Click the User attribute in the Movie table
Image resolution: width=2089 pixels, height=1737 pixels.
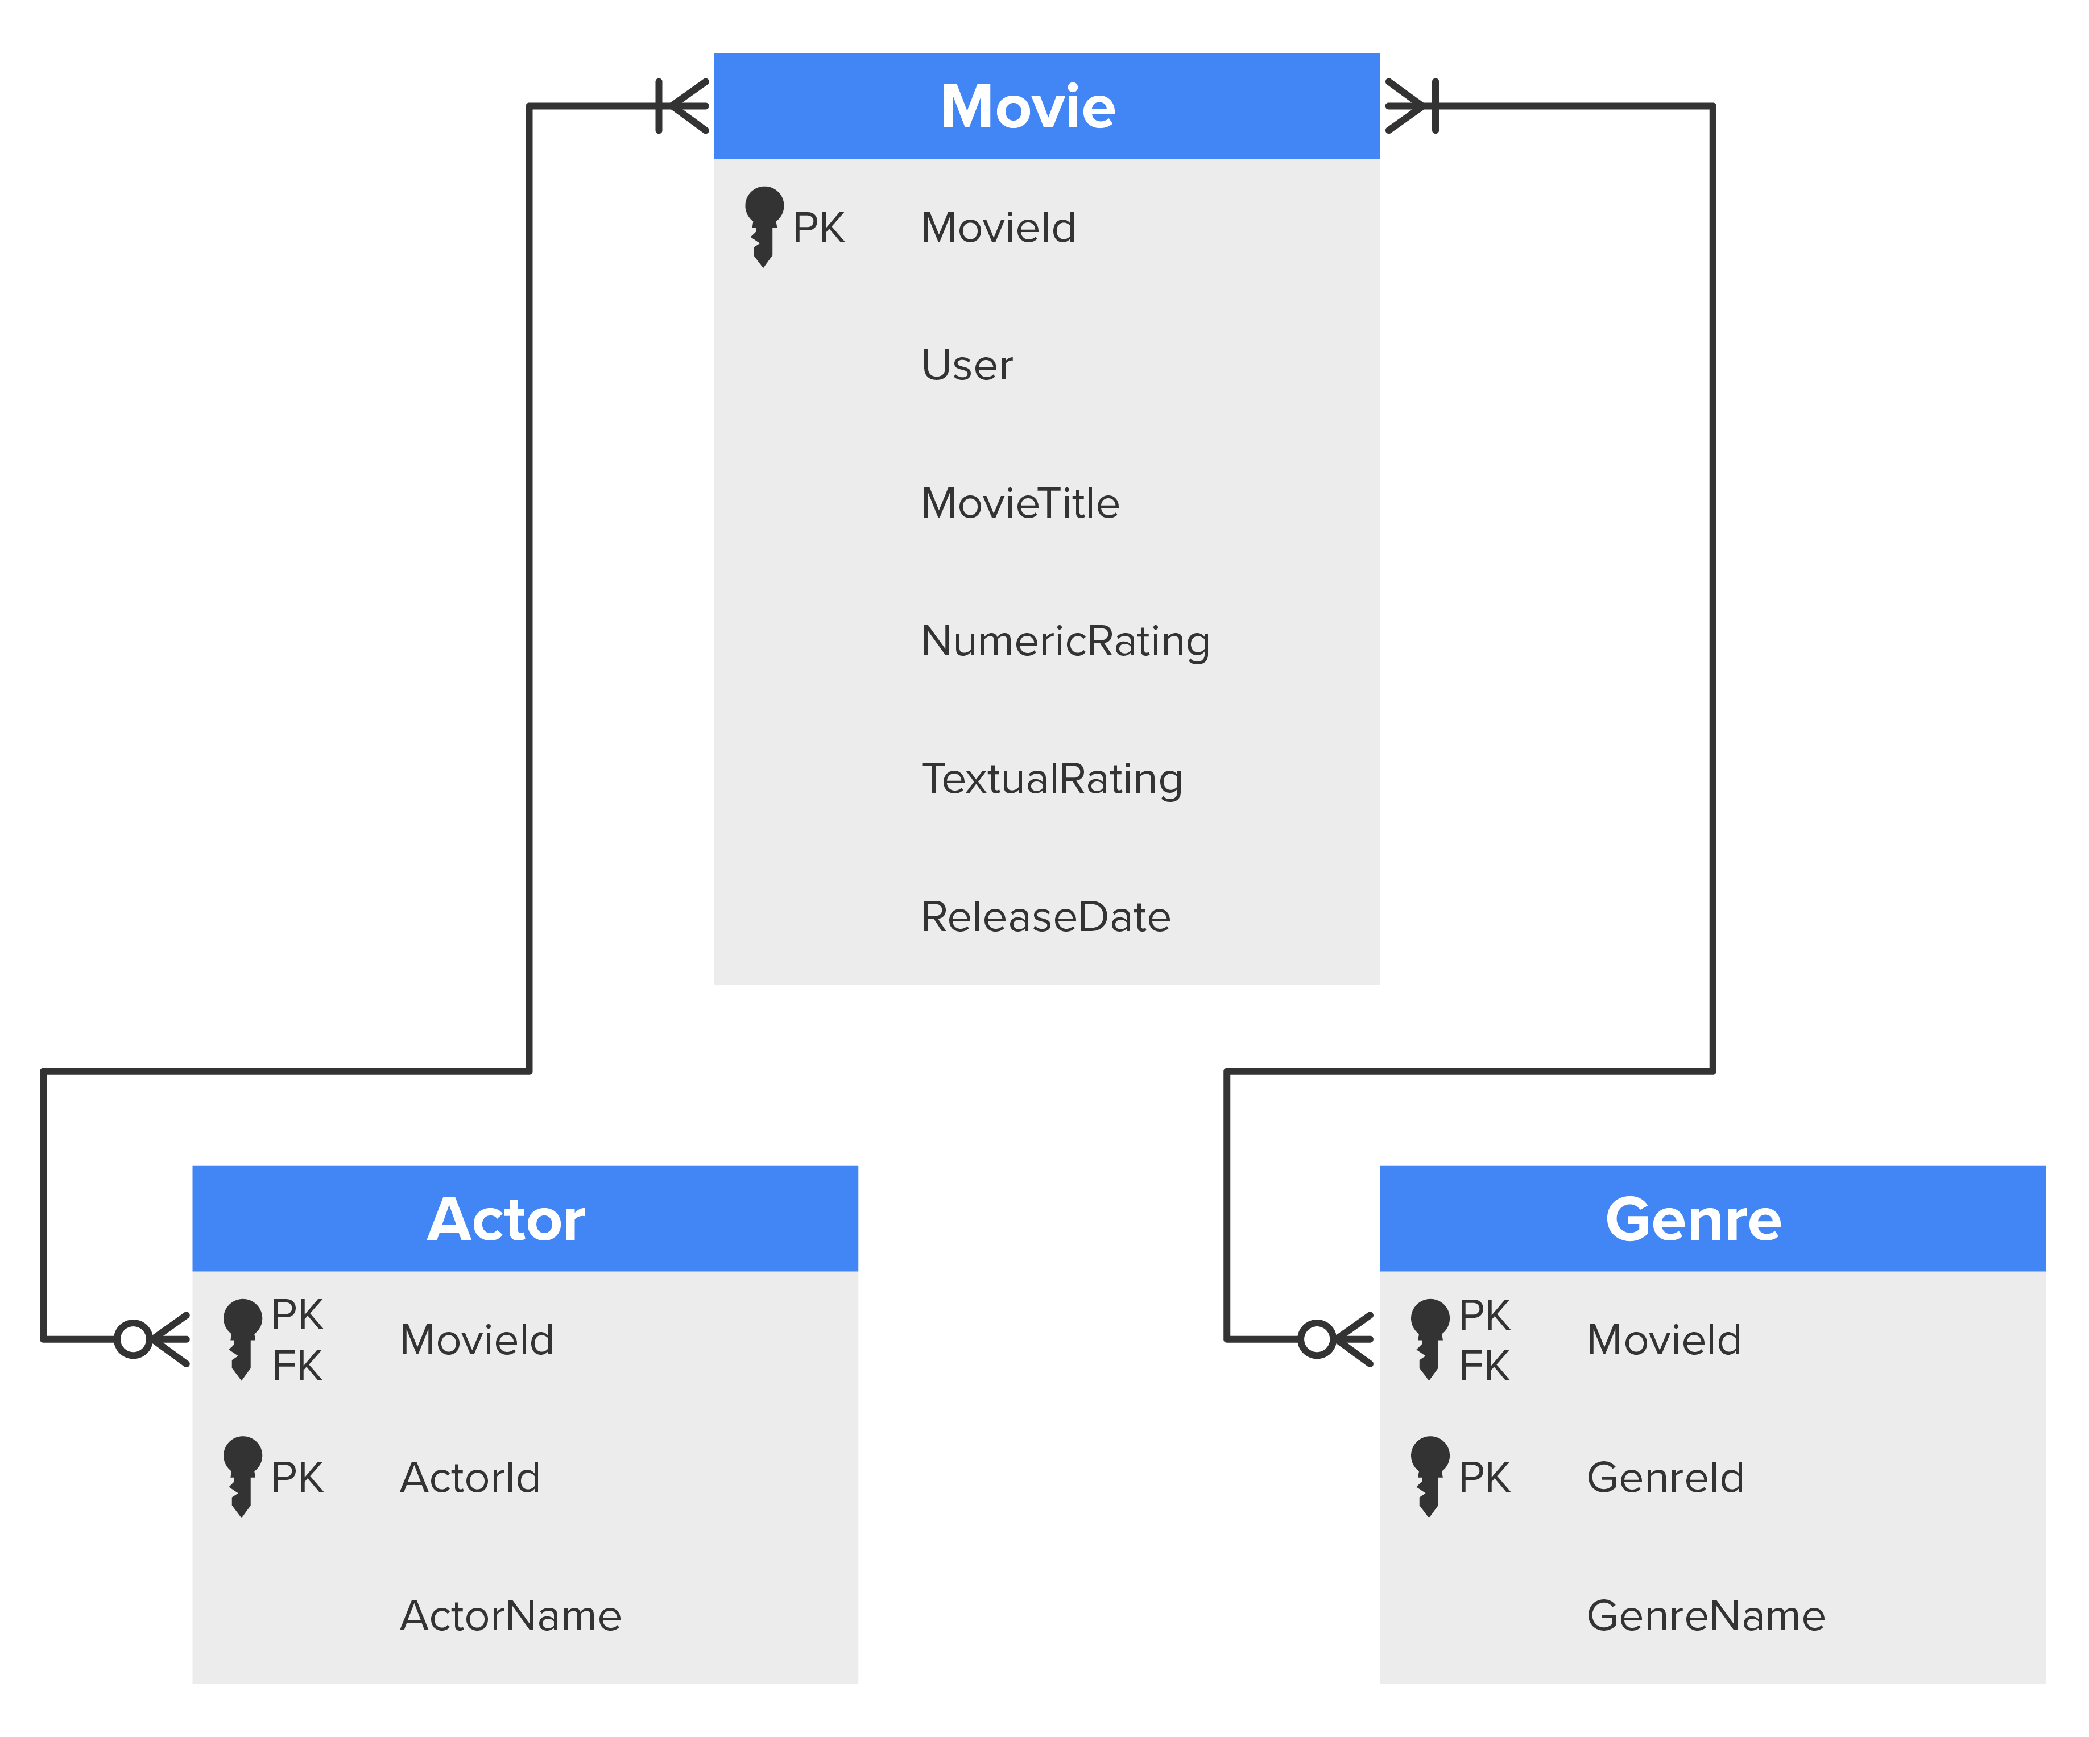(x=966, y=365)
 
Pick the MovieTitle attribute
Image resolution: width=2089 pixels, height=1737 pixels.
(x=1020, y=503)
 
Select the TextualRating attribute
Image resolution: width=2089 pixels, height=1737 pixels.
(x=1052, y=779)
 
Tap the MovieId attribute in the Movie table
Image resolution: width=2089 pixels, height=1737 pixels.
(x=998, y=228)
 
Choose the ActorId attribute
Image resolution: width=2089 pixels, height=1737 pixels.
(x=470, y=1477)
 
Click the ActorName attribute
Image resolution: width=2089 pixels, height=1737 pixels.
(x=510, y=1616)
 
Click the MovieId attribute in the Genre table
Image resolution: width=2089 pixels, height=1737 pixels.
(x=1663, y=1340)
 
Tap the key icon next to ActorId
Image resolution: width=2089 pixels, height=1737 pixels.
(x=242, y=1475)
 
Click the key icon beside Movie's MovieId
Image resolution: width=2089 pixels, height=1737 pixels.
(x=763, y=226)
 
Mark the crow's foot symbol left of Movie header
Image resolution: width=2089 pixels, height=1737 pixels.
(x=684, y=105)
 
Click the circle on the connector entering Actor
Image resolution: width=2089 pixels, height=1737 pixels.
(x=133, y=1339)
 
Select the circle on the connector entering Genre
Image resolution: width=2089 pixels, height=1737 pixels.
(x=1316, y=1339)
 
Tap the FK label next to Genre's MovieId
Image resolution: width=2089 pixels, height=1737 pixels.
(x=1483, y=1366)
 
